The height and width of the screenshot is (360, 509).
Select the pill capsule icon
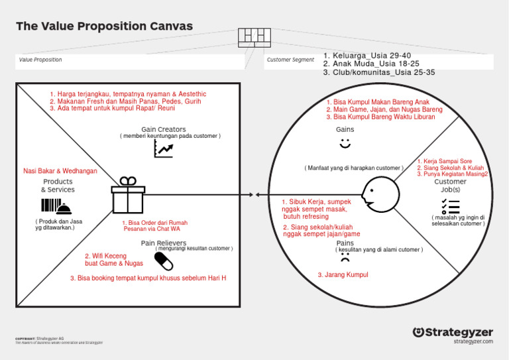163,261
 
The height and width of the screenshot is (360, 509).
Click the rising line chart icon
163,149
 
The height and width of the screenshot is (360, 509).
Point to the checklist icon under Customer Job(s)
451,206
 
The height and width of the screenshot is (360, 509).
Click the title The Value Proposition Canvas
104,27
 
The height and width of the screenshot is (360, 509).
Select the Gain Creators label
163,129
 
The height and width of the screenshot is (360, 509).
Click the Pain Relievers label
163,243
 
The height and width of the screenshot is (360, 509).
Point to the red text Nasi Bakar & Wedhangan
60,171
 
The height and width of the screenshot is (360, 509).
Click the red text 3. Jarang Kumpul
343,274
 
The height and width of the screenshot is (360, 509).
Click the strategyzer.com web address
473,341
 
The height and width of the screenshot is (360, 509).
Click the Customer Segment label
290,60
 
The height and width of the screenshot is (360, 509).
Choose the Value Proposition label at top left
40,60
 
